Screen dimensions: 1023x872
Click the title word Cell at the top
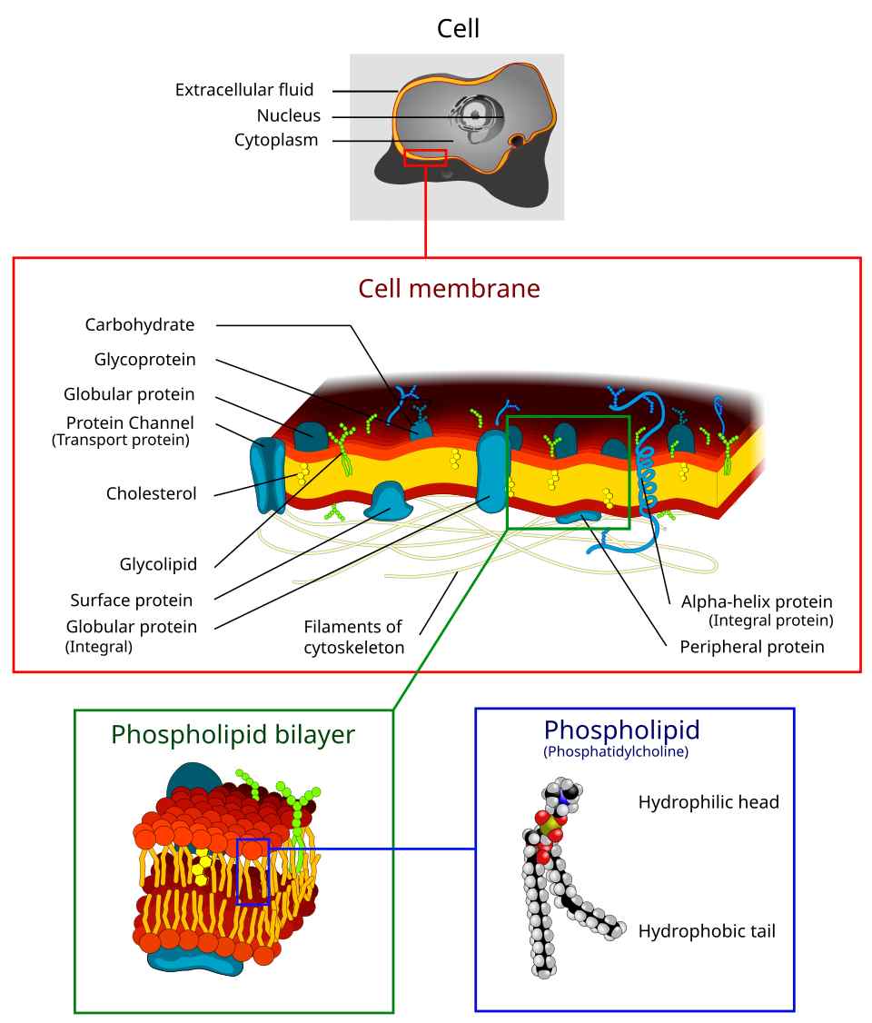pos(458,28)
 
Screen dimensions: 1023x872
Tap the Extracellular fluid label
pos(243,90)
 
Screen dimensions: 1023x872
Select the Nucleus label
pos(288,115)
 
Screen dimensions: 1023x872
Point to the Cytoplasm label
pos(276,140)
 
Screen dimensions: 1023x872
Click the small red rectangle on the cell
pos(425,158)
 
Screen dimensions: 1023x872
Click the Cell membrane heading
pos(449,289)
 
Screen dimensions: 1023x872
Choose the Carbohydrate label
pos(140,324)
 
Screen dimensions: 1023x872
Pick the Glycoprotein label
pos(144,359)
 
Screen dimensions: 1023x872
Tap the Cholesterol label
pos(151,493)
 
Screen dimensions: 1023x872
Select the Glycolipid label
pos(158,564)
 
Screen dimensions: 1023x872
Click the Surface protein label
pos(131,600)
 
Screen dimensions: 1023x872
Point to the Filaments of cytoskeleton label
pos(353,637)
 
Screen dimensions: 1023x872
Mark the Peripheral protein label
pos(752,647)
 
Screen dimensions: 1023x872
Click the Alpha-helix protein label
pos(757,601)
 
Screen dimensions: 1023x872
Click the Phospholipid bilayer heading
pos(233,734)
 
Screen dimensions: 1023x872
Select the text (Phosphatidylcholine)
pos(616,752)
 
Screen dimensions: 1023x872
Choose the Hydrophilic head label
pos(708,802)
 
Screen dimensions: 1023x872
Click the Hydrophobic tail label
pos(707,931)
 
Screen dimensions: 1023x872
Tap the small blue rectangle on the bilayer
pos(253,872)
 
